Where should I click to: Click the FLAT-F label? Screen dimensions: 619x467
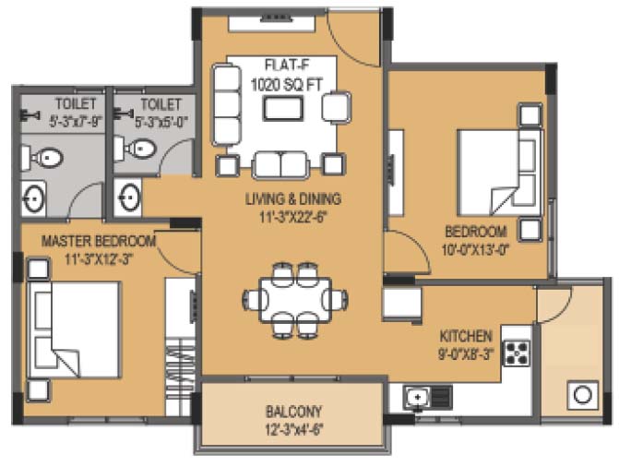pyautogui.click(x=287, y=65)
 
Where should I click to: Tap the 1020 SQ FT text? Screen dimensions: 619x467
pyautogui.click(x=287, y=85)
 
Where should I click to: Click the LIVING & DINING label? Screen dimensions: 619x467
pyautogui.click(x=293, y=198)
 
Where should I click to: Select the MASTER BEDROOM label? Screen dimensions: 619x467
pyautogui.click(x=99, y=241)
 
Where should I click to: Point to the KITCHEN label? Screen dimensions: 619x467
pyautogui.click(x=466, y=336)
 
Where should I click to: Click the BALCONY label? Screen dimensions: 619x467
pyautogui.click(x=293, y=412)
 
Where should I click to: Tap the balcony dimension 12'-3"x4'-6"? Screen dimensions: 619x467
pyautogui.click(x=294, y=429)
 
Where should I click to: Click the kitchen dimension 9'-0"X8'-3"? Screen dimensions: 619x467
pyautogui.click(x=466, y=354)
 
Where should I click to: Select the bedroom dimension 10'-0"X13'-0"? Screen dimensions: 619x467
pyautogui.click(x=476, y=250)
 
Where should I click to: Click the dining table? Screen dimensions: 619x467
pyautogui.click(x=295, y=300)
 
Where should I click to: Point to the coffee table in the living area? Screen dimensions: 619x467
pyautogui.click(x=283, y=109)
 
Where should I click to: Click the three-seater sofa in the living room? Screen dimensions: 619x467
pyautogui.click(x=227, y=105)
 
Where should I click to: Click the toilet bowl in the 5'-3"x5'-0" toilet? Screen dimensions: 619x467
pyautogui.click(x=136, y=149)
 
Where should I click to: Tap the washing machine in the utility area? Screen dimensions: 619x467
pyautogui.click(x=583, y=395)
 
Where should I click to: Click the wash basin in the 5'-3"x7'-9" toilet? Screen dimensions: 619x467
pyautogui.click(x=33, y=198)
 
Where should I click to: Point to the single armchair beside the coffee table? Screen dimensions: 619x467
pyautogui.click(x=337, y=106)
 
